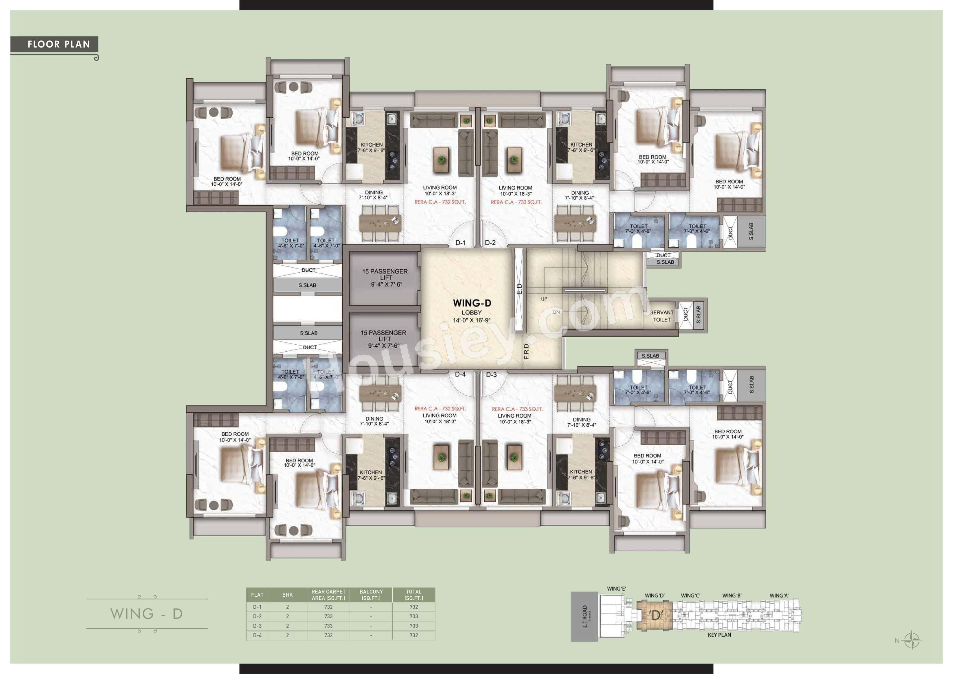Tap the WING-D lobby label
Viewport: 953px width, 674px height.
(472, 303)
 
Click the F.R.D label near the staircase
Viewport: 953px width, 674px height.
(526, 351)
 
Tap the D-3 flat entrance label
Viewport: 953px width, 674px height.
(491, 374)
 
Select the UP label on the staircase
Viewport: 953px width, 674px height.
(544, 299)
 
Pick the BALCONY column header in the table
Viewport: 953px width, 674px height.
(371, 595)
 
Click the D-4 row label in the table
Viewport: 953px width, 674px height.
(257, 635)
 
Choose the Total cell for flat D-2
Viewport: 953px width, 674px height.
(414, 616)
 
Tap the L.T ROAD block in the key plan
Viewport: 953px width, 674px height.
(584, 616)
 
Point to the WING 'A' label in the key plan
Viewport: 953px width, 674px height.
(779, 596)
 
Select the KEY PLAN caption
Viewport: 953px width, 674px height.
(719, 635)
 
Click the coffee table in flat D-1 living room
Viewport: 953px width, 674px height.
(442, 159)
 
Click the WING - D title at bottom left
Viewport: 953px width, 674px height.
(147, 614)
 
